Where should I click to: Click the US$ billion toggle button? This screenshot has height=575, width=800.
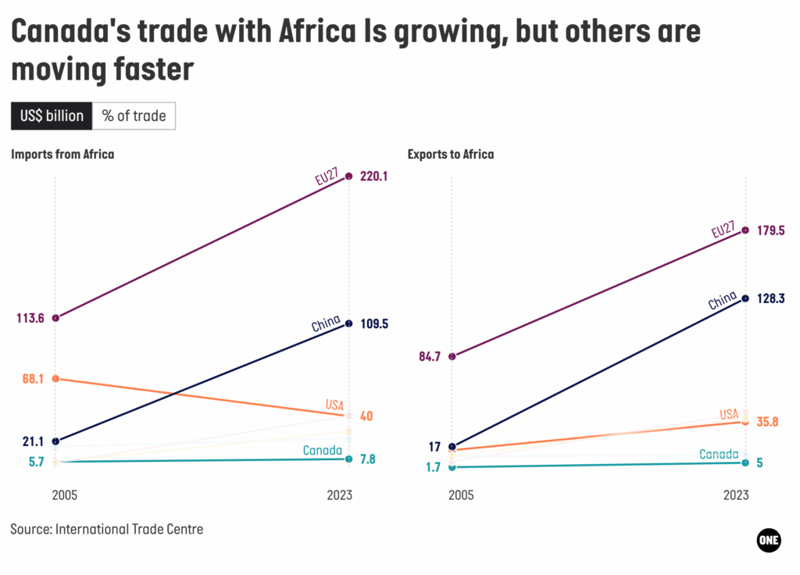(x=52, y=116)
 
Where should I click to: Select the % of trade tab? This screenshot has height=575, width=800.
(x=134, y=116)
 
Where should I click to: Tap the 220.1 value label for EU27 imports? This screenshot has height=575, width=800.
(x=373, y=177)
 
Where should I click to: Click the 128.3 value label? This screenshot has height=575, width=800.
(x=770, y=298)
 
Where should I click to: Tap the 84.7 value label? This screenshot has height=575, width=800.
(x=430, y=356)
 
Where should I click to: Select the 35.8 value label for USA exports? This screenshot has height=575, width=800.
(x=769, y=422)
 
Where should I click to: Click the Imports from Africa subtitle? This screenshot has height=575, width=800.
(x=62, y=154)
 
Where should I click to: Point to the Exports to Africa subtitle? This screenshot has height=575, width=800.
(x=451, y=154)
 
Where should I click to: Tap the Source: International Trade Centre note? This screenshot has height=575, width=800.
(x=107, y=529)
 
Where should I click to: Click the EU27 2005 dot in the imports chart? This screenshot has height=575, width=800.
(x=55, y=318)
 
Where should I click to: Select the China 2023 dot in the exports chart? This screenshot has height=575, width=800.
(x=745, y=298)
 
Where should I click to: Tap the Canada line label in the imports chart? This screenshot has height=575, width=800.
(x=322, y=450)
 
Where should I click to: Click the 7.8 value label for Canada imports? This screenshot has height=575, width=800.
(x=367, y=459)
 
